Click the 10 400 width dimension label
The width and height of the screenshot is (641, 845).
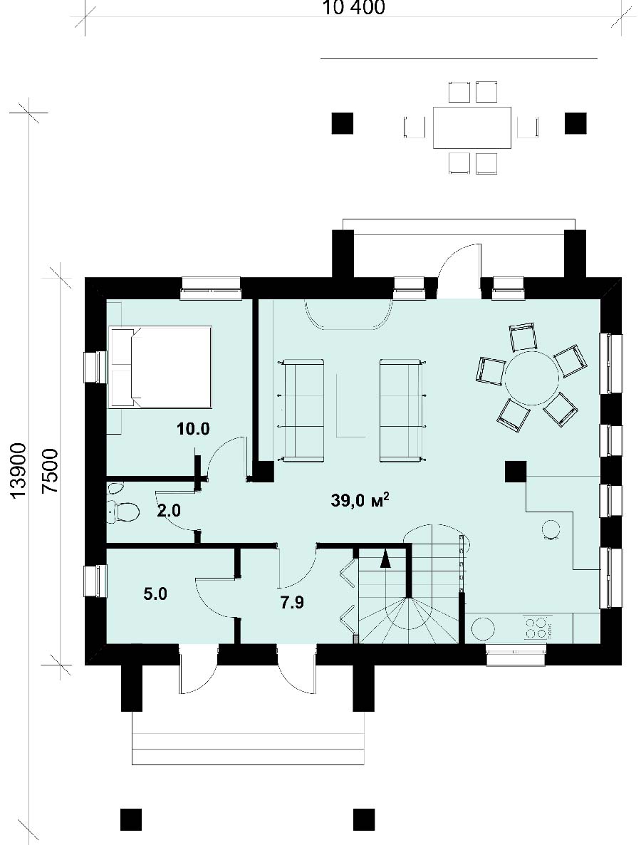(x=353, y=7)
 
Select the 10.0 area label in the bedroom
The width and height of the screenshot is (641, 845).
(x=192, y=429)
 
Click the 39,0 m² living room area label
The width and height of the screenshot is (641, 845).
(x=360, y=501)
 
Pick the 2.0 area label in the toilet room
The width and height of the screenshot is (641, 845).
(x=169, y=510)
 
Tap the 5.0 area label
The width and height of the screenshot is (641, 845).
(x=155, y=594)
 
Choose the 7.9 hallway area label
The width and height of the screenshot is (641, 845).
(x=291, y=602)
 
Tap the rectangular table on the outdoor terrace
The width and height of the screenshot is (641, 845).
(x=472, y=128)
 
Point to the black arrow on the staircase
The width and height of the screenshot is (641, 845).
(x=385, y=559)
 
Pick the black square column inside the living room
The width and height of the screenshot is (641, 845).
(x=516, y=472)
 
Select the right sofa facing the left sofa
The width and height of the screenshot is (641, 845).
(x=401, y=410)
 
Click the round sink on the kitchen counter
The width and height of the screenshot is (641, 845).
(x=483, y=628)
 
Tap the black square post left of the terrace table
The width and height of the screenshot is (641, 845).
(x=342, y=123)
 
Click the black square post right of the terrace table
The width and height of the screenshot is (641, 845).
(x=575, y=123)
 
